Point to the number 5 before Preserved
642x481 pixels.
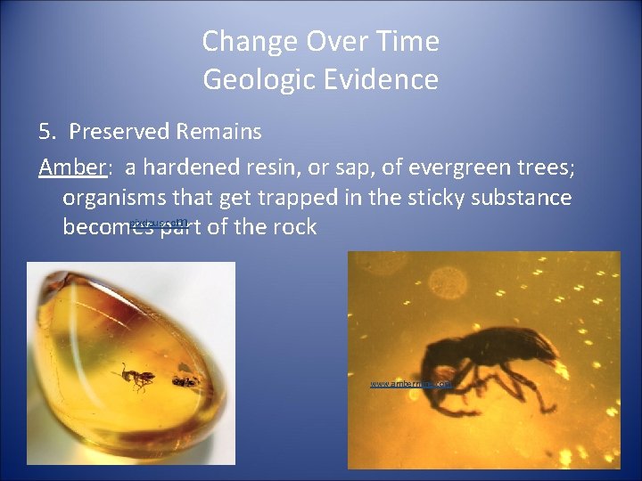[x=45, y=132]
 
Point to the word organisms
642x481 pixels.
[x=119, y=197]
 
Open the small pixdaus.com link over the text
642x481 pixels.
[x=158, y=223]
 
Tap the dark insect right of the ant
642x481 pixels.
[x=185, y=382]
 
